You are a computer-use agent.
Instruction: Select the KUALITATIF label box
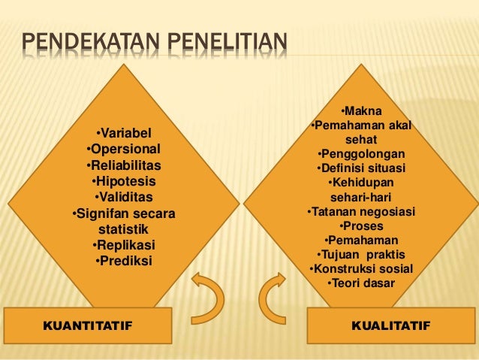click(390, 325)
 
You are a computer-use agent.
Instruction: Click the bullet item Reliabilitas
click(124, 165)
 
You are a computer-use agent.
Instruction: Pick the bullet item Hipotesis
click(124, 181)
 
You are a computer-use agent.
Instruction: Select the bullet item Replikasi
click(124, 245)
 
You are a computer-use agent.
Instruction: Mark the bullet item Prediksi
click(124, 261)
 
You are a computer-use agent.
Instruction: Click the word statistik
click(124, 229)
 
